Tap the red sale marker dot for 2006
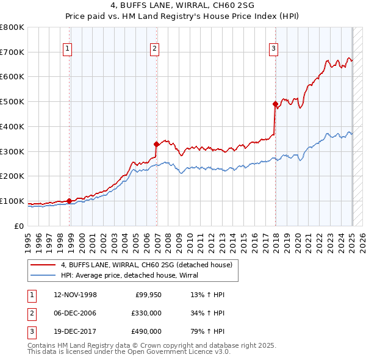[157, 144]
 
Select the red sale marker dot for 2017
[275, 104]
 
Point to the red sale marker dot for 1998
[70, 201]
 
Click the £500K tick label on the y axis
[12, 102]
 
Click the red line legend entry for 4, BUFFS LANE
[146, 265]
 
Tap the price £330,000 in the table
[147, 313]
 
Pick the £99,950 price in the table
[148, 295]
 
